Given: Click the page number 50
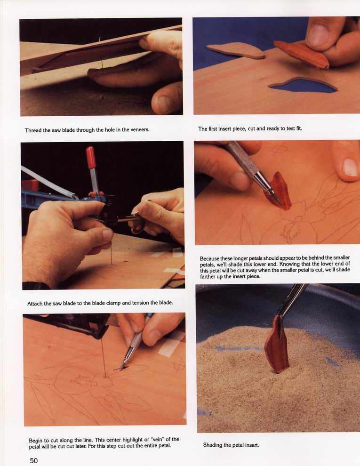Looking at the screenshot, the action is [33, 460].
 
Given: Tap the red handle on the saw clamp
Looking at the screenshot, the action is [91, 158].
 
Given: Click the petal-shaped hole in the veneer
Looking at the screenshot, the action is [303, 85].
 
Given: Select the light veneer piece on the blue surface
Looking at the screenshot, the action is [236, 50].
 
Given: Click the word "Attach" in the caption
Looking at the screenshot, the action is [35, 304].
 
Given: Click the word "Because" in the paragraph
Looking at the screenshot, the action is [210, 258].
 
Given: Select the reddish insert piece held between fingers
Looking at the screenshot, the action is [302, 54].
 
